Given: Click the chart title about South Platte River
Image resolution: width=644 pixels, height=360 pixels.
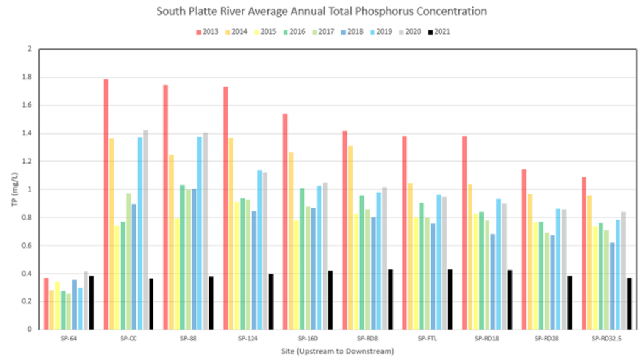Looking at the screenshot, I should coord(322,11).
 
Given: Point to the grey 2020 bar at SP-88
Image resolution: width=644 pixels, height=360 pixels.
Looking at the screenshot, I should coord(205,230).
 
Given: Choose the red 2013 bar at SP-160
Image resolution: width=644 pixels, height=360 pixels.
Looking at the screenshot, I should coord(285,221).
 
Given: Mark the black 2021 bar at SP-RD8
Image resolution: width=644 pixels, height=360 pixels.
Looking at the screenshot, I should coord(391,299).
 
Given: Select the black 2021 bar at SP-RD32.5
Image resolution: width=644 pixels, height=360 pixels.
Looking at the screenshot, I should coord(630,303).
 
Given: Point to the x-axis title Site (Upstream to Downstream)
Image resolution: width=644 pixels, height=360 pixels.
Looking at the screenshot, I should coord(337,351).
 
